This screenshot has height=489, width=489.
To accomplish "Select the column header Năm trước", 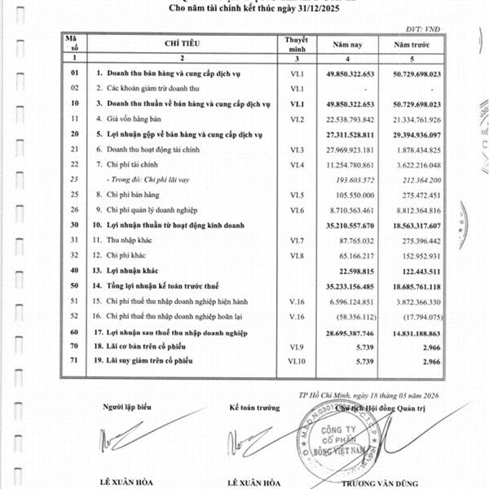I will pos(416,46).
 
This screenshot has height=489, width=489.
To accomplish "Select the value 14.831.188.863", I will pos(416,333).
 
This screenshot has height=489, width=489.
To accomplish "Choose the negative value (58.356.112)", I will pos(356,316).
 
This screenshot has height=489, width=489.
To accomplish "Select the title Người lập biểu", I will pos(127,405).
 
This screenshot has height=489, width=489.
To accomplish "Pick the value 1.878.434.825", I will pos(416,149).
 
